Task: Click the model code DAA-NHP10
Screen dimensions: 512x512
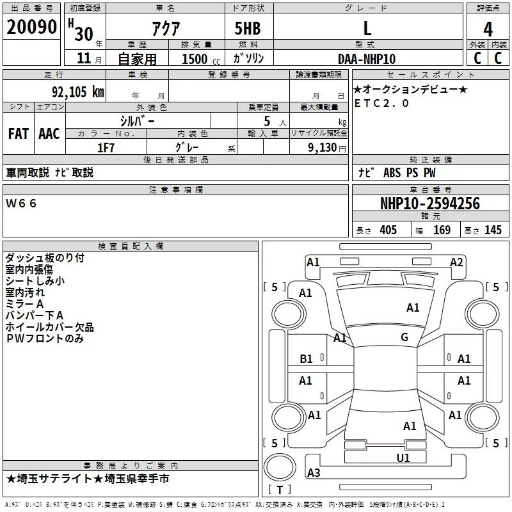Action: pyautogui.click(x=367, y=58)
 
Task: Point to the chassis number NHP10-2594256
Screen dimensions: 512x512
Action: pyautogui.click(x=429, y=204)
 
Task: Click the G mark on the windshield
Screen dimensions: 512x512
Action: pyautogui.click(x=404, y=337)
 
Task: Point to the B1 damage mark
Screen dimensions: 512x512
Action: pyautogui.click(x=307, y=359)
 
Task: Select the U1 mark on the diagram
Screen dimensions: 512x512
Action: pyautogui.click(x=403, y=458)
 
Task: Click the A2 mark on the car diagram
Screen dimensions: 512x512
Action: pyautogui.click(x=456, y=262)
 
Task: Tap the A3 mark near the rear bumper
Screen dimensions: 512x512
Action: pyautogui.click(x=314, y=473)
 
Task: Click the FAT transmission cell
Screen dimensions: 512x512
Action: pyautogui.click(x=18, y=133)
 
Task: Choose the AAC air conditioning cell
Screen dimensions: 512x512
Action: pyautogui.click(x=49, y=133)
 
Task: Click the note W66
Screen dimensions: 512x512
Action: pyautogui.click(x=22, y=203)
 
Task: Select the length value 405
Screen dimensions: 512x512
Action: pyautogui.click(x=388, y=230)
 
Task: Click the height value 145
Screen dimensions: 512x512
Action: pyautogui.click(x=493, y=230)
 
